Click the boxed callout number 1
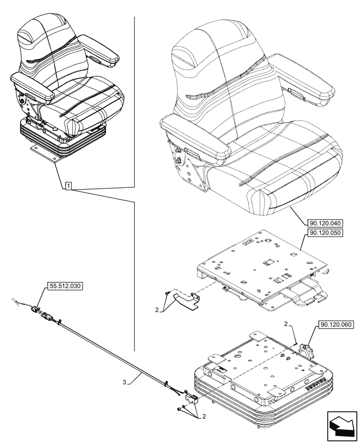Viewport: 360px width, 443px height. point(69,186)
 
